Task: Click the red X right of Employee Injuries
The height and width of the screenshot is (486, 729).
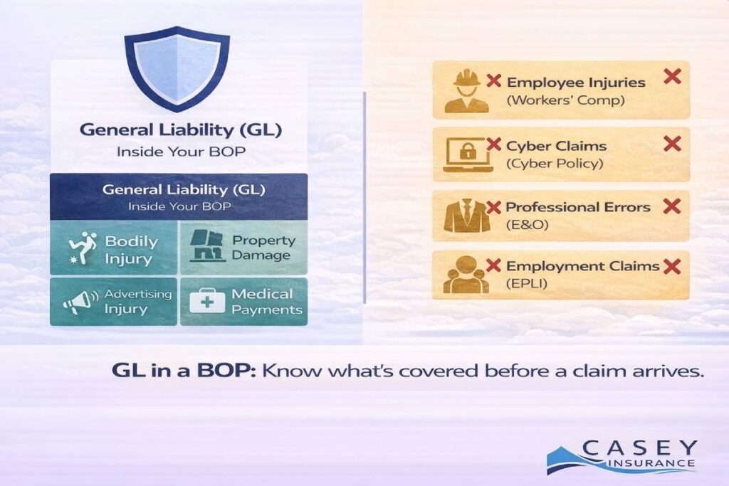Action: click(672, 76)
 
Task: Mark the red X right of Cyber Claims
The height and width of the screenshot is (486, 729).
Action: click(672, 144)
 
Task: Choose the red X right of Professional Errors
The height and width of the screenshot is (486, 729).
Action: click(672, 206)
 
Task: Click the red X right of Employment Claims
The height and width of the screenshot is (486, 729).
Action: click(671, 267)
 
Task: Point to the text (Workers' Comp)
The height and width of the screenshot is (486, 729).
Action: click(565, 100)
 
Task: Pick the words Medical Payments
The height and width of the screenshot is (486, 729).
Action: click(262, 302)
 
